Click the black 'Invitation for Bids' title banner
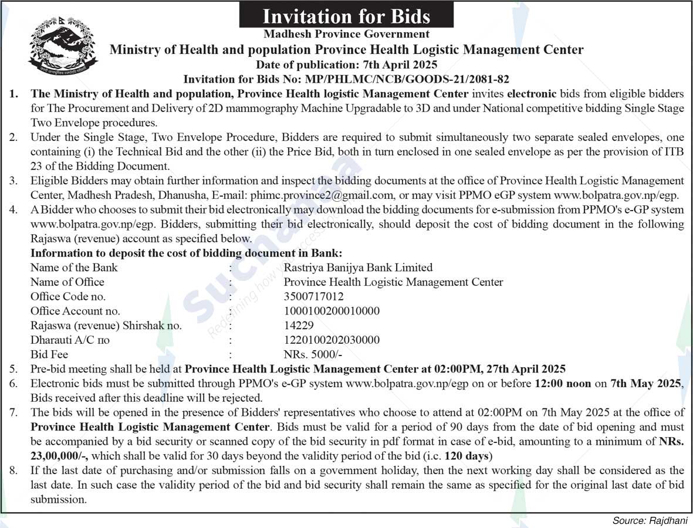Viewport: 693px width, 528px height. coord(346,16)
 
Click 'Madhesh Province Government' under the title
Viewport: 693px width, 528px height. coord(346,35)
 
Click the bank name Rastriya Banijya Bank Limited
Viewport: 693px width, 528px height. coord(358,268)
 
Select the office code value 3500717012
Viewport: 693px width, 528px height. coord(313,296)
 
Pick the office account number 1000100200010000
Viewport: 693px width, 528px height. coord(332,311)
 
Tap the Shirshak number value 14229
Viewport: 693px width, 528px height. coord(299,325)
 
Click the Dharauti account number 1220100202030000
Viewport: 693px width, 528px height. coord(332,340)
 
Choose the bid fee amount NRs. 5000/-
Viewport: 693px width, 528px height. coord(313,354)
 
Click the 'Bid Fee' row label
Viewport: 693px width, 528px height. coord(49,354)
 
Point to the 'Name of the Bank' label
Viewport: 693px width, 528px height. coord(74,268)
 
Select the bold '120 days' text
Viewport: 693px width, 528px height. coord(467,456)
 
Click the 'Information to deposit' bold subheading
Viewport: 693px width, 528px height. coord(186,253)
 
